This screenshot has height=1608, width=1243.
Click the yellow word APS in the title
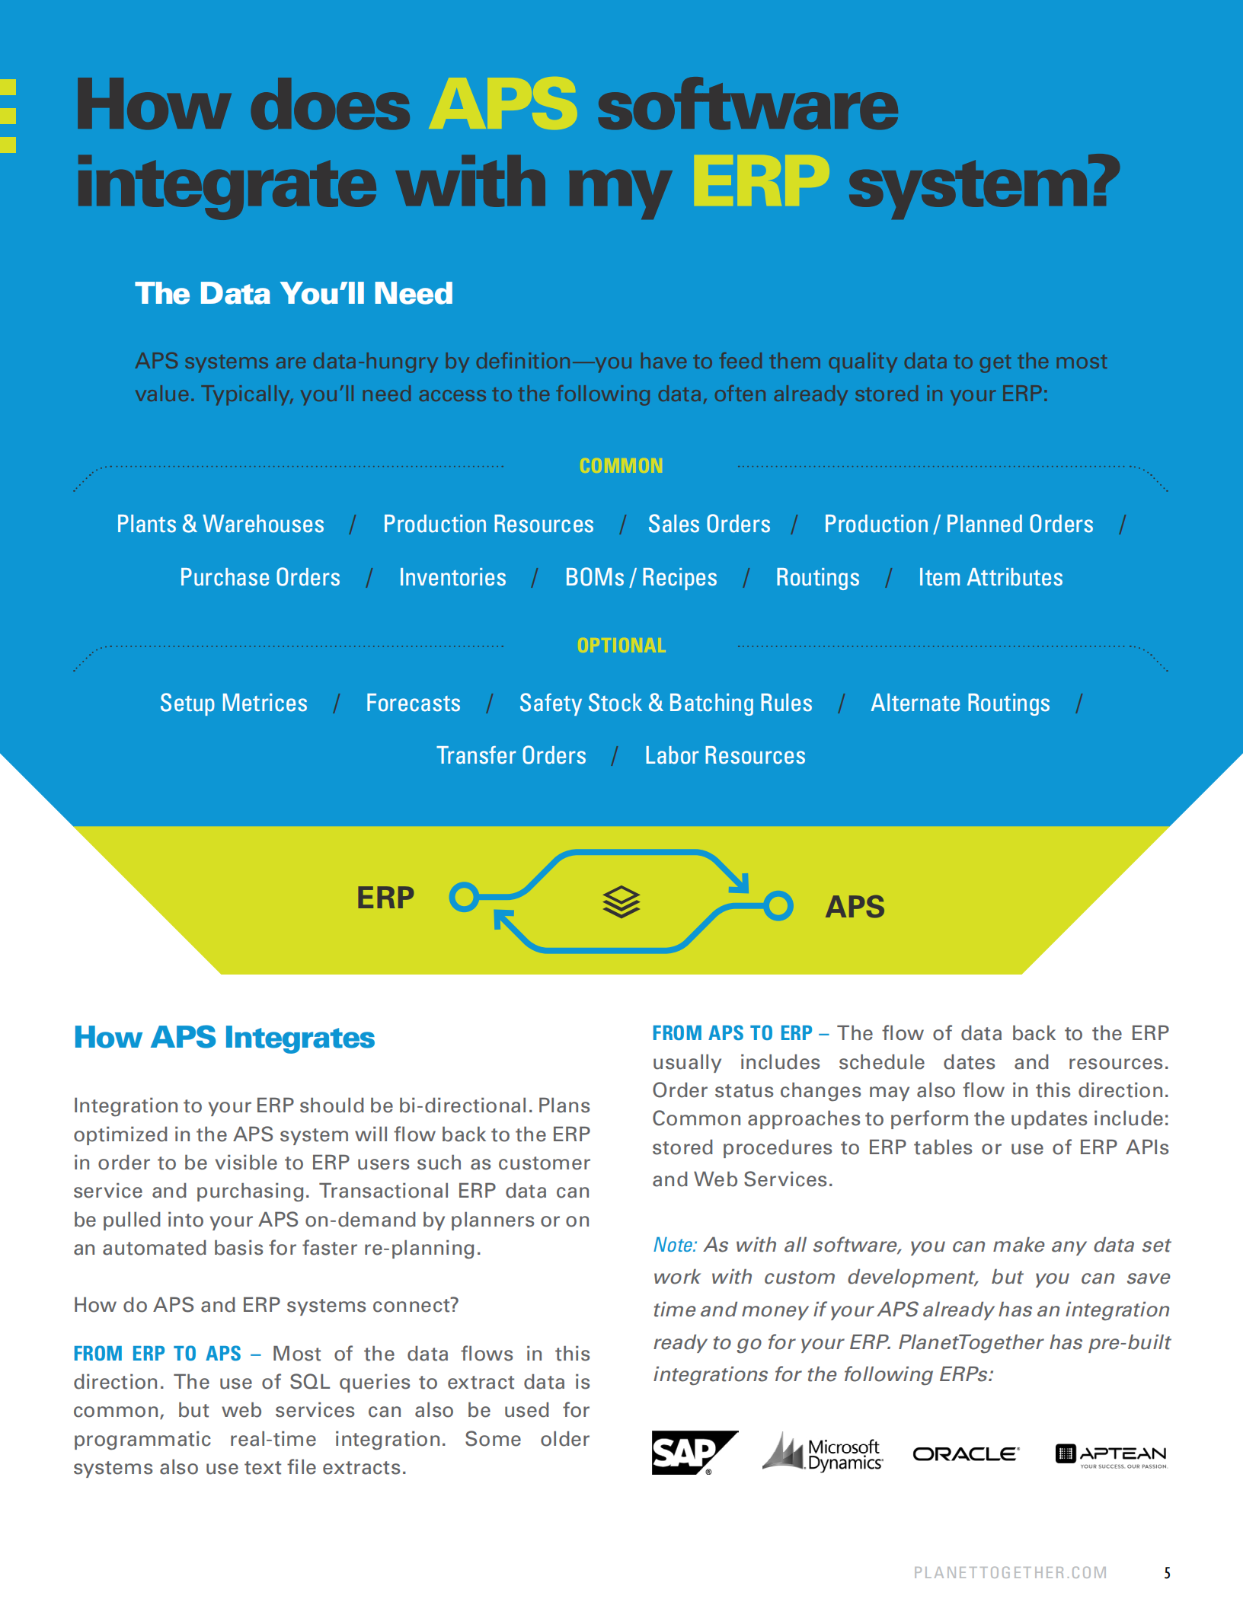(x=503, y=104)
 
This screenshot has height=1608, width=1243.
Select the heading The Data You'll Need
(x=294, y=293)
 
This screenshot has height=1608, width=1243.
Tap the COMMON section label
(x=621, y=466)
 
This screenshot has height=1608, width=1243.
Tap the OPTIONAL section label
(x=621, y=646)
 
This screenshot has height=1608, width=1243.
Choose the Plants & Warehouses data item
(x=220, y=524)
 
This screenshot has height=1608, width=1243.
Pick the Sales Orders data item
(x=709, y=524)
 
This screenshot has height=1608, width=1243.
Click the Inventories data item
(x=452, y=577)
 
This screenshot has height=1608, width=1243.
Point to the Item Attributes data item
(x=990, y=577)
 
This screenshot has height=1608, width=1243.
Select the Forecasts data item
(x=413, y=703)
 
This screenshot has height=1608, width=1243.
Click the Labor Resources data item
(x=725, y=755)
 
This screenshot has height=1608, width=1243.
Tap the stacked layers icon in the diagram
(x=621, y=902)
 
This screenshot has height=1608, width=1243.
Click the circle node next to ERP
(x=464, y=897)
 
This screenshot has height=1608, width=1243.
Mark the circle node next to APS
(x=778, y=906)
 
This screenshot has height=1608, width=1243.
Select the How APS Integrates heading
(x=224, y=1038)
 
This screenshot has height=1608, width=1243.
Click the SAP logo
(x=694, y=1453)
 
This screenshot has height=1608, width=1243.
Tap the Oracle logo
(x=966, y=1454)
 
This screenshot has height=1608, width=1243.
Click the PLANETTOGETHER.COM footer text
(x=1010, y=1573)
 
